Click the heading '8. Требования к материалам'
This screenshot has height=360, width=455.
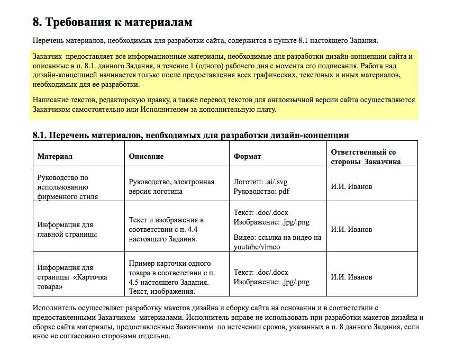tap(112, 22)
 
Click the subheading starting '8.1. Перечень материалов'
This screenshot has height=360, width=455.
tap(190, 135)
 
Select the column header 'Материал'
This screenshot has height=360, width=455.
tap(54, 156)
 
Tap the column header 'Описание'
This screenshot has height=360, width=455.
tap(147, 156)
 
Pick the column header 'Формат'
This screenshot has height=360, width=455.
tap(248, 156)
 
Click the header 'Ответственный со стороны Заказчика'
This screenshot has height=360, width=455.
tap(366, 157)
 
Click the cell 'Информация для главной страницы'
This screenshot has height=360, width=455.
tap(67, 229)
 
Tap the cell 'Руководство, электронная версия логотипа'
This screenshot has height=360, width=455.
tap(171, 186)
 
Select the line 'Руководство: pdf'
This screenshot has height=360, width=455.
tap(261, 191)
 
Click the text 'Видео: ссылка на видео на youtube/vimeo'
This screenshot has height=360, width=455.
tap(277, 241)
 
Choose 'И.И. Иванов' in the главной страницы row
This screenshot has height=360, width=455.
tap(351, 229)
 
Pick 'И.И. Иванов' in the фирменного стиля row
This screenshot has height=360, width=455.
tap(351, 186)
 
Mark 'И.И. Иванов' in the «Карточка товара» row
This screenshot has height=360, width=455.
tap(351, 277)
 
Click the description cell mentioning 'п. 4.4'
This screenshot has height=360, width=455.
tap(166, 229)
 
